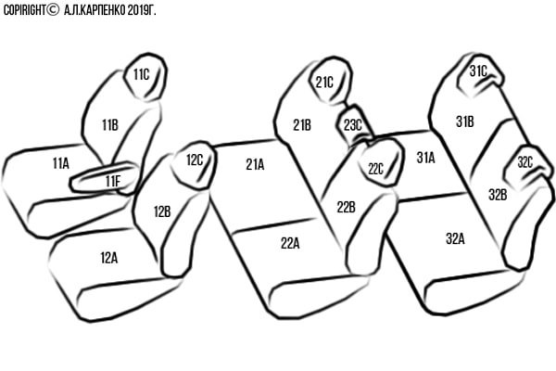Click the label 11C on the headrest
(142, 74)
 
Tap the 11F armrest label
(113, 182)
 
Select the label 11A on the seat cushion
(61, 163)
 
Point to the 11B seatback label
(110, 125)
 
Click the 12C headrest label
(195, 160)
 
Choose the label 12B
(162, 211)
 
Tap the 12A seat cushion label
(109, 258)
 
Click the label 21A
(256, 164)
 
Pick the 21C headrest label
(324, 83)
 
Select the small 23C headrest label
(353, 125)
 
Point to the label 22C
(375, 169)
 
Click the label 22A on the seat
(290, 243)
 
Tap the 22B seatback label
(346, 207)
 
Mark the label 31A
(425, 158)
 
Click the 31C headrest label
(478, 71)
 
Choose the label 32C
(525, 162)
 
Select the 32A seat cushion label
(455, 239)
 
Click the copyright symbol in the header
(53, 10)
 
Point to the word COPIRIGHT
(24, 10)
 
